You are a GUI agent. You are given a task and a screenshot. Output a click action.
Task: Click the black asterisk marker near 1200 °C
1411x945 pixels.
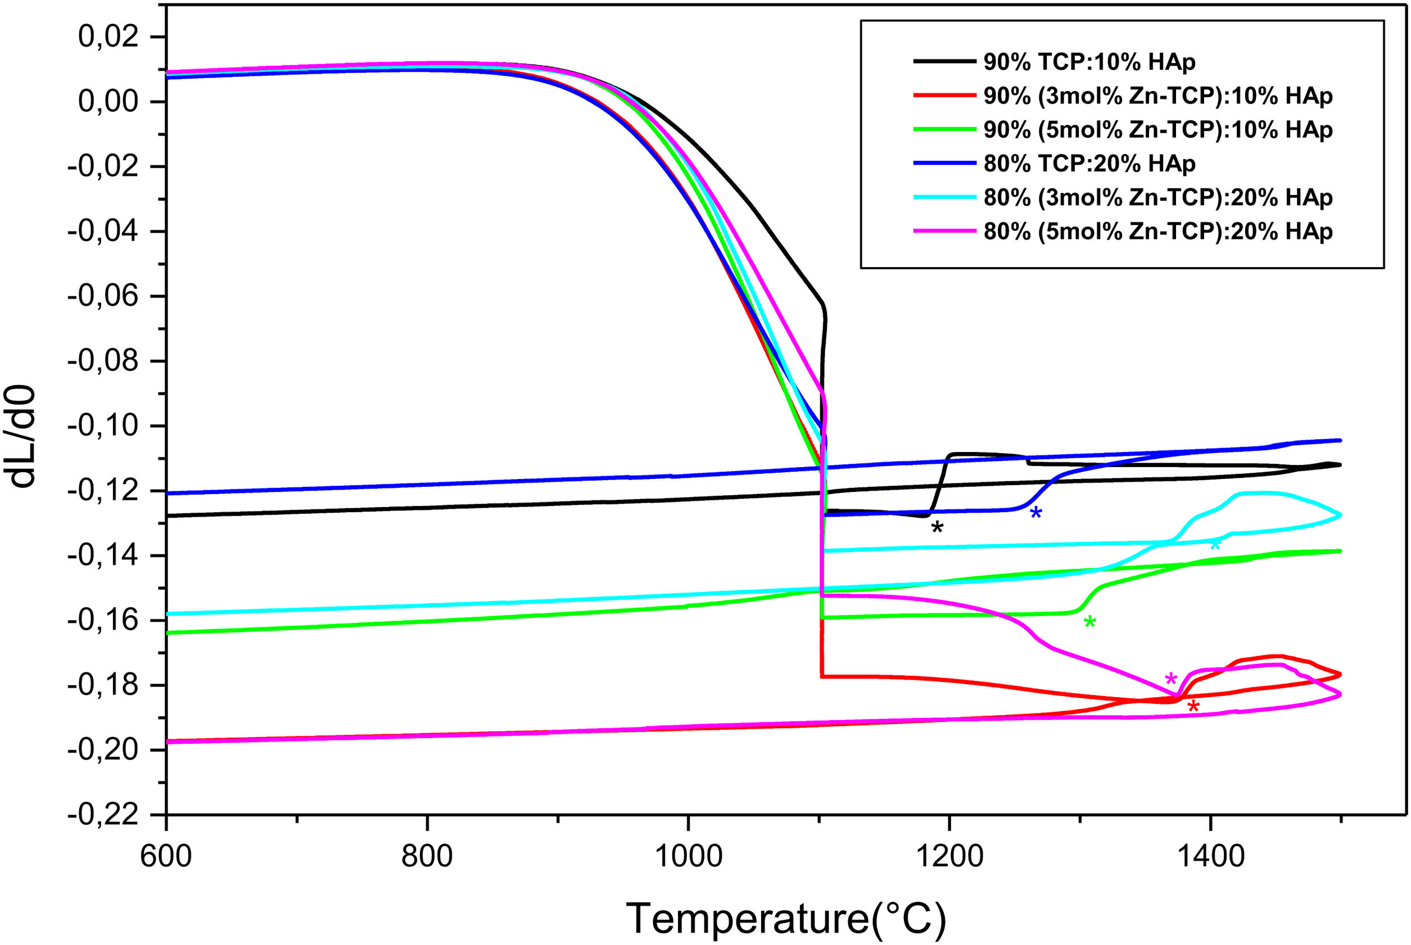click(x=937, y=527)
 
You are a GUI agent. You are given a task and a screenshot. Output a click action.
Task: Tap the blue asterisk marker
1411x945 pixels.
click(x=1035, y=512)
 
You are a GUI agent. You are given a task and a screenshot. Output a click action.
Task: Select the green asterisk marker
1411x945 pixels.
click(x=1089, y=621)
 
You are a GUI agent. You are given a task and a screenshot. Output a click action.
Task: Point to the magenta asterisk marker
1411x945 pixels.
click(x=1170, y=679)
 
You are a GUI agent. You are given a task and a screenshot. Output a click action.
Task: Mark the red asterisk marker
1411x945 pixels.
click(x=1193, y=706)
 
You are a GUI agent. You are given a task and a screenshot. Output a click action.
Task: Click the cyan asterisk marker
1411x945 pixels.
click(x=1215, y=545)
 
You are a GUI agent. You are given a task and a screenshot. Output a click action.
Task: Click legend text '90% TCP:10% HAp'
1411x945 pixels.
click(x=1090, y=61)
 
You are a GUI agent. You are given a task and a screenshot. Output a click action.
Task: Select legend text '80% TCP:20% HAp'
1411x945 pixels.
click(x=1090, y=164)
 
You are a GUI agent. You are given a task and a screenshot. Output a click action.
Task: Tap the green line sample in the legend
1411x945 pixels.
click(x=944, y=129)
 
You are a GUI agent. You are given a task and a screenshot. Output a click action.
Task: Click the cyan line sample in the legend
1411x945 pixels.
click(x=944, y=197)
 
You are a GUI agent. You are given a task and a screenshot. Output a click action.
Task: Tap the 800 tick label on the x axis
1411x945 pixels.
click(x=427, y=856)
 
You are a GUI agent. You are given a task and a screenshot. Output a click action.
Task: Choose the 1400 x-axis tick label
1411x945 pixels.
click(x=1210, y=856)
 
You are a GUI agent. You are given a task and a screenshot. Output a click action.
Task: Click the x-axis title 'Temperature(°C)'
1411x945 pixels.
click(x=786, y=918)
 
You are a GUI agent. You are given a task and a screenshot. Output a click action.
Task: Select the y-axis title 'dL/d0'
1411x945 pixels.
click(x=22, y=436)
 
